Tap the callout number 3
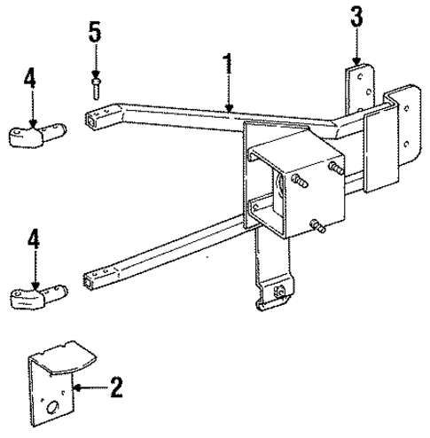tap(356, 16)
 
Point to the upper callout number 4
tap(30, 79)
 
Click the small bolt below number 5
tap(95, 85)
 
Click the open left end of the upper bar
tap(94, 115)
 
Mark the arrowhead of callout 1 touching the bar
tap(228, 108)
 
